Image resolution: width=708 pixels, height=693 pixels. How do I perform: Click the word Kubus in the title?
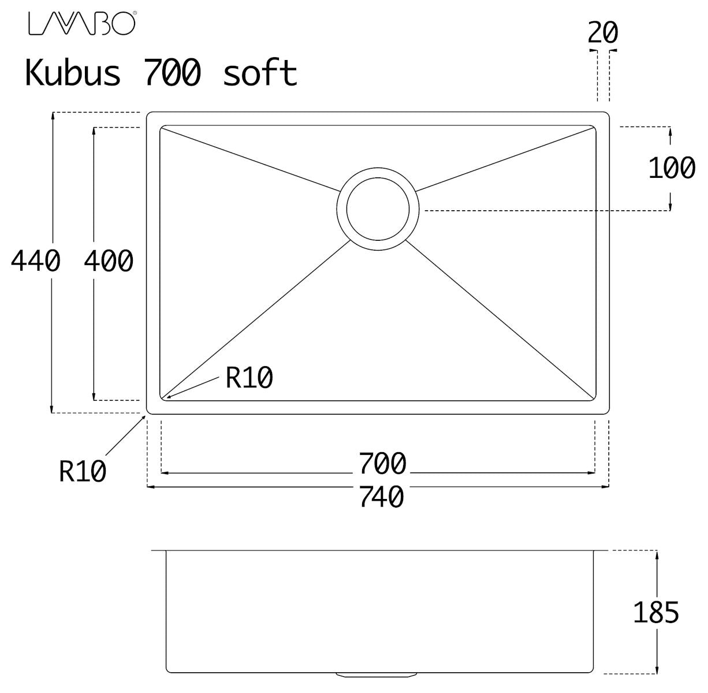point(73,73)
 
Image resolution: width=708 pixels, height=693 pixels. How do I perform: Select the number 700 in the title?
point(173,73)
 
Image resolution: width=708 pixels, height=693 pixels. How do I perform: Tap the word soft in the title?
point(260,73)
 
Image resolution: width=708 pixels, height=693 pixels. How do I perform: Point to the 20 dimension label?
point(603,32)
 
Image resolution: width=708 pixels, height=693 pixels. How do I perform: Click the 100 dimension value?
point(672,168)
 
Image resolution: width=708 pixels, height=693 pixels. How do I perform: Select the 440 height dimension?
point(36,261)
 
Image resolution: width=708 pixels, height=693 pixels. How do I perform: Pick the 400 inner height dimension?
point(109,261)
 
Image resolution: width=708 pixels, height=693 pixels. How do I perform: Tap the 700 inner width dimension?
point(382,464)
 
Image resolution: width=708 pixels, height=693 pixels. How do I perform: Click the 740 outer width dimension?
point(381,497)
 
